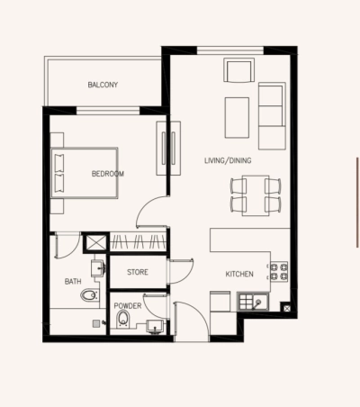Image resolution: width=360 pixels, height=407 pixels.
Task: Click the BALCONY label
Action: tap(103, 86)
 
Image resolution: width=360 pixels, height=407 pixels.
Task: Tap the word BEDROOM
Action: tap(108, 174)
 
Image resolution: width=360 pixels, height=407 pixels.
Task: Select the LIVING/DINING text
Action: tap(229, 160)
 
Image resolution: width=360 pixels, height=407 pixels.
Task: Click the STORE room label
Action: tap(137, 271)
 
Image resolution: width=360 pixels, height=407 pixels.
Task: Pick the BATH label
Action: tap(73, 282)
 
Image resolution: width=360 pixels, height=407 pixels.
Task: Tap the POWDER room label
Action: tap(127, 305)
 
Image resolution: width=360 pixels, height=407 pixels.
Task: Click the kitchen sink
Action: tap(256, 302)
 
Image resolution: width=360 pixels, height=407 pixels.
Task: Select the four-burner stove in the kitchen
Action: tap(278, 268)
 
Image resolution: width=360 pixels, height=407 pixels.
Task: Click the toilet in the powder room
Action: tap(124, 319)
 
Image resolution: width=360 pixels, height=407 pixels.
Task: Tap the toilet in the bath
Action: tap(88, 294)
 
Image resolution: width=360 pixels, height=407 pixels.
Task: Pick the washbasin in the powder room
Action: tap(154, 324)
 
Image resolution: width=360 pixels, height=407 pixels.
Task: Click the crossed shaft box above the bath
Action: tap(94, 243)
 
